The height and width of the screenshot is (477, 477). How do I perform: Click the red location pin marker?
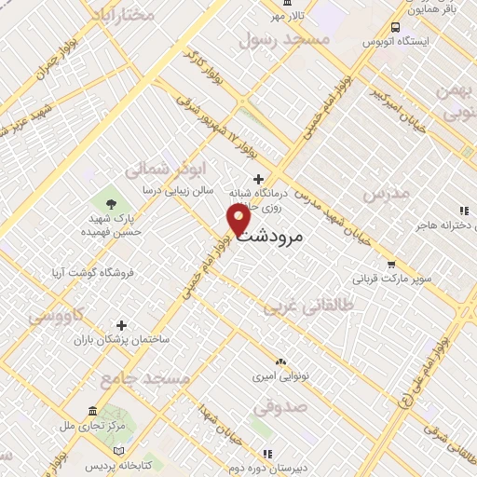pyautogui.click(x=239, y=220)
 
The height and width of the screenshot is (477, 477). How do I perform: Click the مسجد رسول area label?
pyautogui.click(x=284, y=39)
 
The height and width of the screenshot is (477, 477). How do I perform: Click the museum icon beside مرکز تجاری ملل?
pyautogui.click(x=91, y=412)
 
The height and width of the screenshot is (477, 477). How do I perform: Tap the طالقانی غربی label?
pyautogui.click(x=307, y=305)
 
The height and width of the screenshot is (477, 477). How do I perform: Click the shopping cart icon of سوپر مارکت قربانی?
pyautogui.click(x=391, y=264)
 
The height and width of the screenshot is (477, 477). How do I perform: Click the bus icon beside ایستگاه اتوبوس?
pyautogui.click(x=397, y=27)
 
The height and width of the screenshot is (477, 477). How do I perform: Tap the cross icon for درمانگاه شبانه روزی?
pyautogui.click(x=258, y=180)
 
